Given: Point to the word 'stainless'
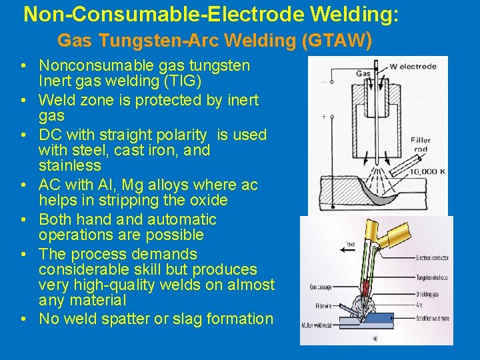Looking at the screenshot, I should [x=70, y=165].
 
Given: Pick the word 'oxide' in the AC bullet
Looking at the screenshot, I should [x=209, y=200].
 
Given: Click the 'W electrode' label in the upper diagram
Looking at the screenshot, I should [x=413, y=66].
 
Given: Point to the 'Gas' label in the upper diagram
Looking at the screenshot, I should [x=363, y=74].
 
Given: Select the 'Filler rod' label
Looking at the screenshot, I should [x=421, y=145].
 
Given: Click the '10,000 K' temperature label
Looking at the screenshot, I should [x=423, y=172].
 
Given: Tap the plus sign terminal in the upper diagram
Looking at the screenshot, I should [x=324, y=116].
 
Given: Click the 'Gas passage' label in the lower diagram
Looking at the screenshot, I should [x=321, y=287].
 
